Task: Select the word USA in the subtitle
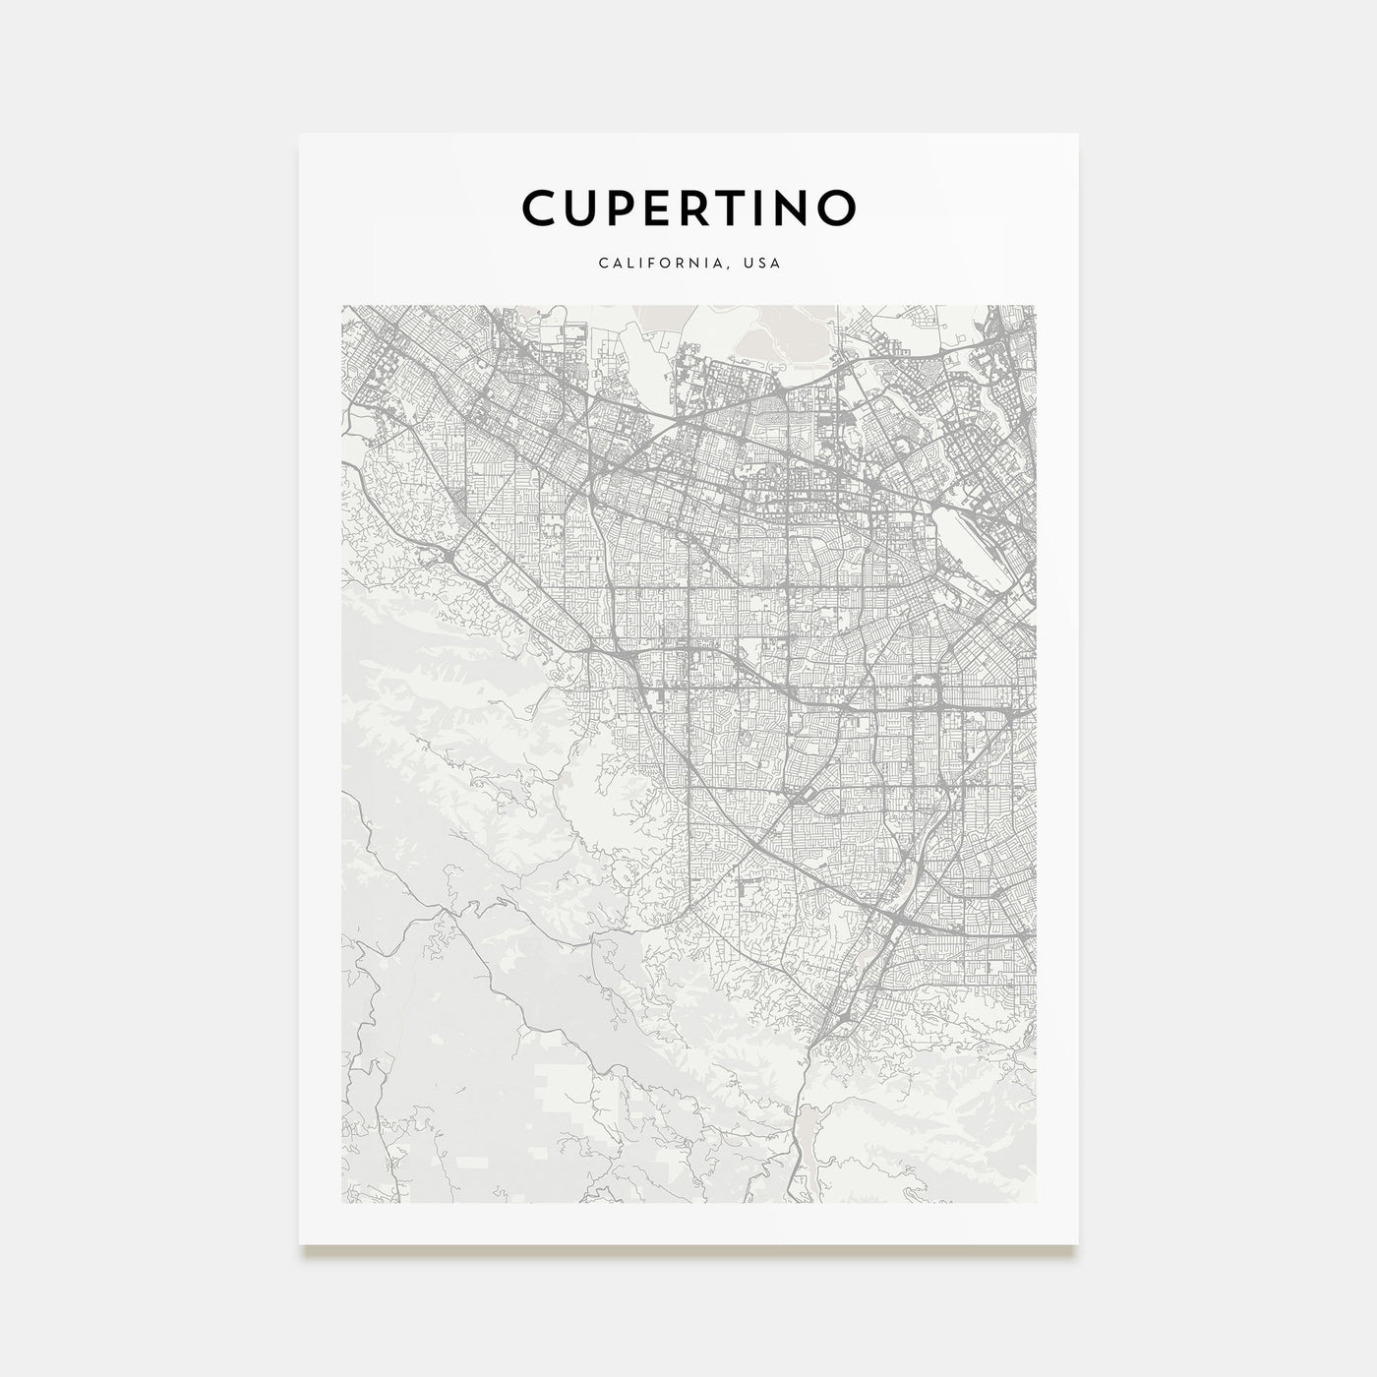tap(763, 264)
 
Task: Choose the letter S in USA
tap(763, 264)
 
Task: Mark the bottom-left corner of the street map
tap(341, 1202)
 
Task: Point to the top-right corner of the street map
tap(1036, 306)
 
